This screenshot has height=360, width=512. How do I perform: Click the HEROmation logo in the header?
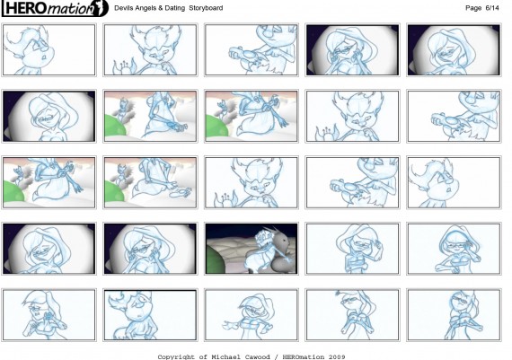(55, 8)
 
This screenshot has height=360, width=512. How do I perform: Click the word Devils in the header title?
(122, 8)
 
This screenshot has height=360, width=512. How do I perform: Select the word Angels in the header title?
(140, 8)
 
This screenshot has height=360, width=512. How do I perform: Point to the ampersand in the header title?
(153, 8)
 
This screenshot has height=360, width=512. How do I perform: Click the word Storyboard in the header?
(206, 8)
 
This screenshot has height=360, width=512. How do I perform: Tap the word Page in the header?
(473, 8)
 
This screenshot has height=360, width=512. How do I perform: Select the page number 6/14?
(492, 8)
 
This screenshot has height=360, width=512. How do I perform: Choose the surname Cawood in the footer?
(257, 356)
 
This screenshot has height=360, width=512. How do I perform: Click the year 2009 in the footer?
(337, 356)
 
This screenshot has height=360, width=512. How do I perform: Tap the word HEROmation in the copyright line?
(304, 356)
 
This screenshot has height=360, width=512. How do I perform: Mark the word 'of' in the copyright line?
(203, 356)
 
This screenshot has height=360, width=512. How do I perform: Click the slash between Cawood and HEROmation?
(277, 356)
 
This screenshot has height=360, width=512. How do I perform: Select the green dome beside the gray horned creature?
(216, 260)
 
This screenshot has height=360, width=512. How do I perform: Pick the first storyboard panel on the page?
(49, 50)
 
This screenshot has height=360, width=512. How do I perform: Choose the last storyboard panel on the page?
(454, 314)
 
